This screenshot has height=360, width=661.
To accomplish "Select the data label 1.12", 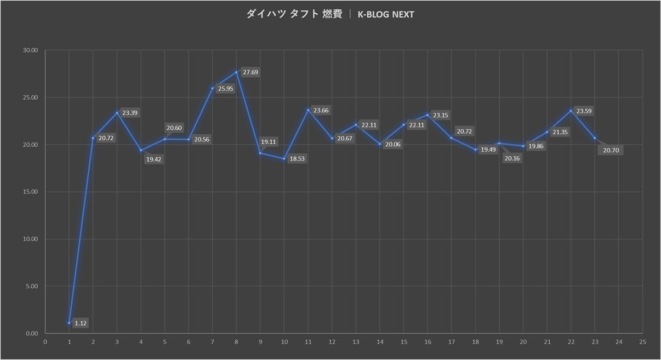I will (81, 323).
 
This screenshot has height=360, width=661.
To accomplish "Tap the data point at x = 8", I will (236, 72).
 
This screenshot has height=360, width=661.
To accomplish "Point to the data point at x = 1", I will (69, 323).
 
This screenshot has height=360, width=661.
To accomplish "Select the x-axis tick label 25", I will (642, 342).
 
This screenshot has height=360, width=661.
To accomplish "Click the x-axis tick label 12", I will (332, 342).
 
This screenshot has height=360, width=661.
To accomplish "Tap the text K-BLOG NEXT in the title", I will (385, 14).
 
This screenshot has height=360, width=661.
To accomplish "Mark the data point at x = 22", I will (571, 111).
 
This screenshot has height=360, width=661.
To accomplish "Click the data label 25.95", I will (225, 88).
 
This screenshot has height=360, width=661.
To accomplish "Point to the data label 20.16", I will (511, 159).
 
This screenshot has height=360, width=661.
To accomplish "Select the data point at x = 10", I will (284, 159).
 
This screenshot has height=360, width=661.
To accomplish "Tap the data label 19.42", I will (153, 159).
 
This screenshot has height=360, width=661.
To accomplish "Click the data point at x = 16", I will (428, 115).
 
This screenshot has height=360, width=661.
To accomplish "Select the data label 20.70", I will (611, 150).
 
